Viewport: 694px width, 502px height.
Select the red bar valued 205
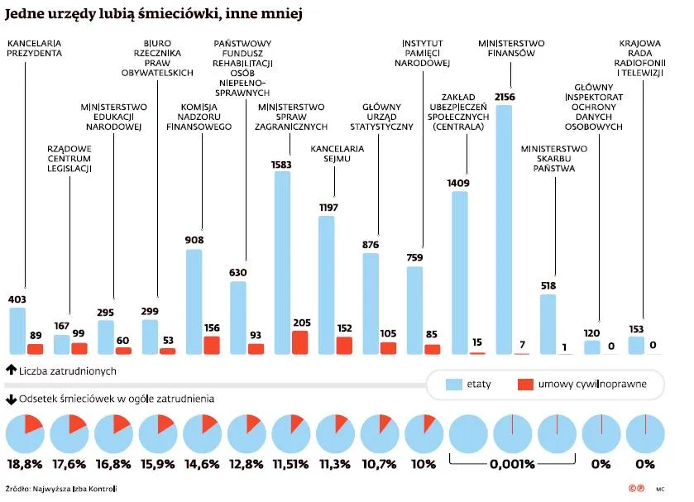point(300,342)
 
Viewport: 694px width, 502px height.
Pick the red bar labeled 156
point(212,346)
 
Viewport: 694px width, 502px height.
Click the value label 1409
point(458,183)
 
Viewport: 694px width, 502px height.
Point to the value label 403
point(17,299)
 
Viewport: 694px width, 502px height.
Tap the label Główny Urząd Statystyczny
point(381,117)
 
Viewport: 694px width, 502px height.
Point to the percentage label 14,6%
point(202,464)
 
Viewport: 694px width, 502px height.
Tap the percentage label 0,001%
point(513,464)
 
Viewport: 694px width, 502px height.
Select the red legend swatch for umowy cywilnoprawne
point(525,385)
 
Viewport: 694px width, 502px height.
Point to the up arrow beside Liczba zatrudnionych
point(10,371)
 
